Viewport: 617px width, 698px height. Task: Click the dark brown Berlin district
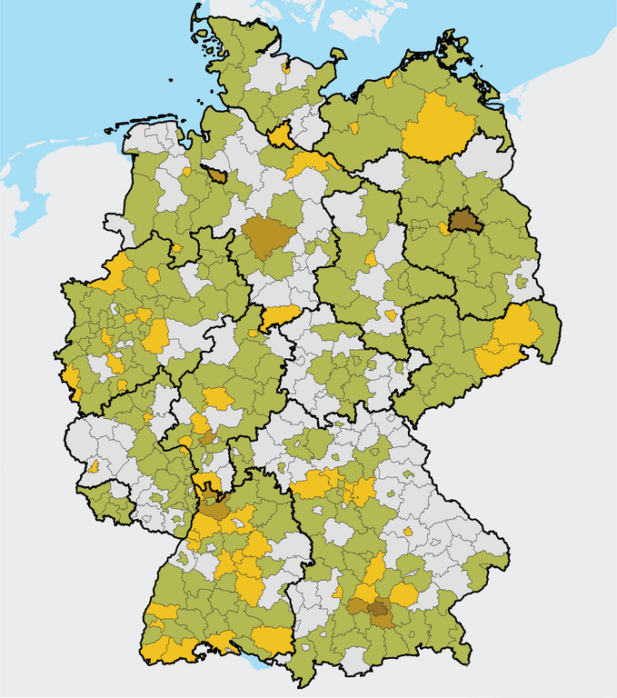tap(463, 220)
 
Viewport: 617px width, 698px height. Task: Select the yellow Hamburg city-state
tap(281, 136)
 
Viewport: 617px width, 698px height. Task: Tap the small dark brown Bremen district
tap(217, 175)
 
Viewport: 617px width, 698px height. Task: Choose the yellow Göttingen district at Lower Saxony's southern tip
tap(278, 316)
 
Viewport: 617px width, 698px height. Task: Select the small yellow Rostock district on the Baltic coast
tap(389, 82)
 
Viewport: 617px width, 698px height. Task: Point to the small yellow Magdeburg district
tap(372, 259)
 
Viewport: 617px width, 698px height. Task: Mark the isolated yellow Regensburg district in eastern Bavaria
tap(408, 532)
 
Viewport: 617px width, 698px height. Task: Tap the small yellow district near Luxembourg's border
tap(94, 467)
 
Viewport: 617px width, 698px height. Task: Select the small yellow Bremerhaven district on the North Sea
tap(186, 171)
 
